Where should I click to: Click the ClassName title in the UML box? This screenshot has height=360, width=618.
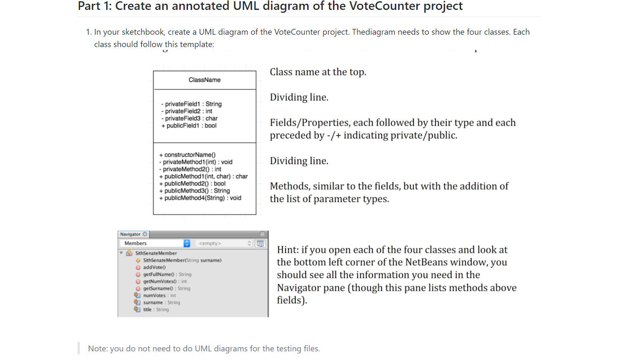click(x=204, y=80)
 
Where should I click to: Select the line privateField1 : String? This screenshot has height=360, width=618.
click(x=193, y=104)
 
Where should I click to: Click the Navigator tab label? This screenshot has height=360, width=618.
click(x=131, y=234)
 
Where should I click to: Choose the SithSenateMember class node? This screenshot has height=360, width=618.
click(x=156, y=253)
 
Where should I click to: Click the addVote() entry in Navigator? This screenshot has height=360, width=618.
click(x=154, y=267)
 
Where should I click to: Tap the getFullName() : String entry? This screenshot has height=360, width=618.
click(x=167, y=274)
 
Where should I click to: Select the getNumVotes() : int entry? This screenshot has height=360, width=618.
click(x=165, y=281)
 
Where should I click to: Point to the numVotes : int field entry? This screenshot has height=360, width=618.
click(x=159, y=295)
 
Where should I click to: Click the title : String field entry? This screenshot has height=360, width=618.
click(x=156, y=309)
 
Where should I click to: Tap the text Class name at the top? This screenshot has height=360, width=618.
click(x=318, y=72)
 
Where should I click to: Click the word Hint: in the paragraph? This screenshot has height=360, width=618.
click(x=288, y=250)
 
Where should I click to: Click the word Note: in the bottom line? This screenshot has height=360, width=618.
click(x=98, y=348)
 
